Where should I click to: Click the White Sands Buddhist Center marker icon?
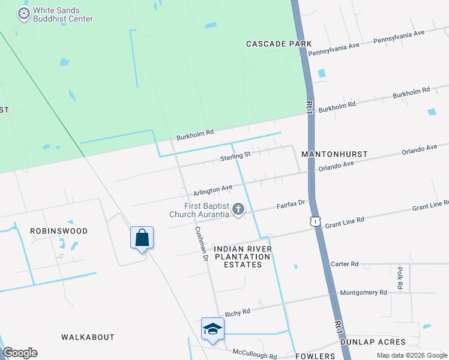(x=23, y=14)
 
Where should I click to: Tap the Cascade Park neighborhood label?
(x=279, y=44)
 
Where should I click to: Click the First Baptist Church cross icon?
(x=238, y=209)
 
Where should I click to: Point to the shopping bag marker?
(x=142, y=238)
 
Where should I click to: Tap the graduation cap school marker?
(x=212, y=329)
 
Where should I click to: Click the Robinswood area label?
(x=59, y=231)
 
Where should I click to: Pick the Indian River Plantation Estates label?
(x=243, y=256)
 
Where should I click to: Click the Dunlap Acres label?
(x=373, y=342)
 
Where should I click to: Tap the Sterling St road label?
(x=235, y=155)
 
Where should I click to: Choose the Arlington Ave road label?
(x=212, y=190)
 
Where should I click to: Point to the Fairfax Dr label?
(x=291, y=205)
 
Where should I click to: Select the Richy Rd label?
(x=237, y=313)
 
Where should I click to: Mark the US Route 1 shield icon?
(x=315, y=221)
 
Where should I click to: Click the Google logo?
(x=20, y=353)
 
